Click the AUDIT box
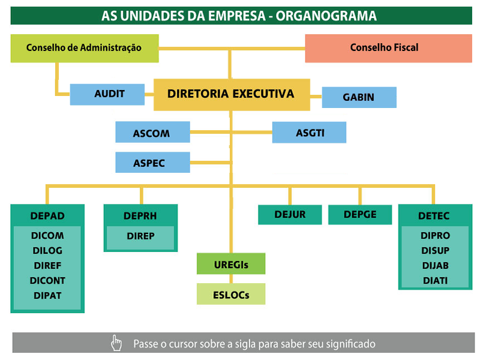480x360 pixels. pos(107,94)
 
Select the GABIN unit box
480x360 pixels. pos(359,97)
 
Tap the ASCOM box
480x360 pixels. pos(152,132)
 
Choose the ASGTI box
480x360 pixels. pos(309,132)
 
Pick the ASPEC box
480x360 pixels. pos(152,162)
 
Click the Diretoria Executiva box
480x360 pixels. pos(232,95)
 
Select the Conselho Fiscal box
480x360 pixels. pos(388,49)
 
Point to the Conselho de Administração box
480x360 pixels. pos(85,49)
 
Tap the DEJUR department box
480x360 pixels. pos(290,215)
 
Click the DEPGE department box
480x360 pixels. pos(360,215)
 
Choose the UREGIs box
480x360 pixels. pos(231,263)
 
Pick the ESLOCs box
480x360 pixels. pos(231,294)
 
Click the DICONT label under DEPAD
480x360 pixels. pos(47,280)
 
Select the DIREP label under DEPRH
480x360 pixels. pos(140,236)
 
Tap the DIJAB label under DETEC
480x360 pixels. pos(436,265)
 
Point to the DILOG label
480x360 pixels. pos(47,250)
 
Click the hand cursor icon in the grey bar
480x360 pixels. pos(116,343)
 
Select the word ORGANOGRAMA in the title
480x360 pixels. pos(326,16)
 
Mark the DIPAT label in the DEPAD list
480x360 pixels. pos(47,295)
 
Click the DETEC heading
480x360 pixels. pos(434,216)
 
